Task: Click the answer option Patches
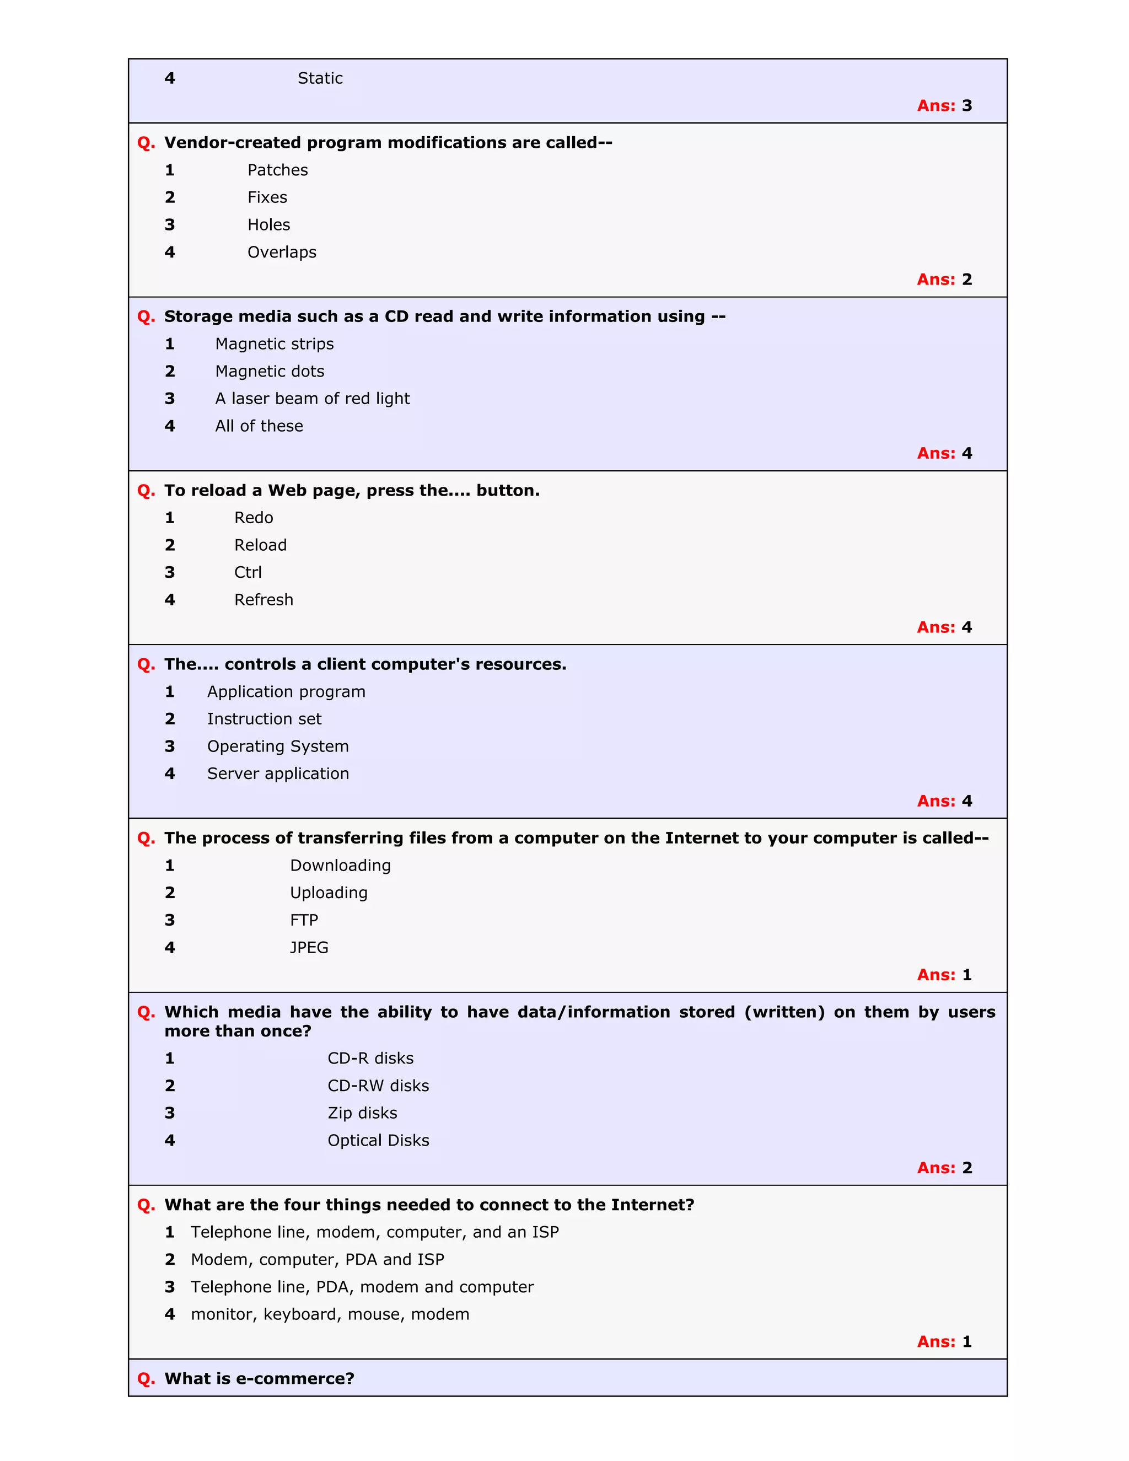click(x=278, y=170)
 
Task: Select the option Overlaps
click(x=282, y=252)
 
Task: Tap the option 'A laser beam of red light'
click(x=313, y=399)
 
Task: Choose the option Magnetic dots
click(x=270, y=371)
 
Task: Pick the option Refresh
click(x=264, y=600)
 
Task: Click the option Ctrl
click(x=248, y=573)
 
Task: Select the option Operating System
click(x=278, y=746)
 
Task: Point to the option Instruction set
click(x=264, y=719)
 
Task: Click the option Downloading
click(x=341, y=866)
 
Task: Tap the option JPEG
click(x=309, y=948)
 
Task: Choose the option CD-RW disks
click(x=378, y=1086)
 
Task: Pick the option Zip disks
click(x=362, y=1113)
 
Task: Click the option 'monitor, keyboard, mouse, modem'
click(x=330, y=1314)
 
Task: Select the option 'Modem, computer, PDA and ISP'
click(x=317, y=1260)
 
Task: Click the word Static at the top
click(x=320, y=78)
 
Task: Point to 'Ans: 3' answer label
click(x=944, y=106)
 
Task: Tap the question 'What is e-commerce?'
click(x=259, y=1379)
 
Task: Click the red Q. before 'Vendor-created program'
click(x=146, y=143)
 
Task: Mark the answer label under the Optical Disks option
click(x=944, y=1168)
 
